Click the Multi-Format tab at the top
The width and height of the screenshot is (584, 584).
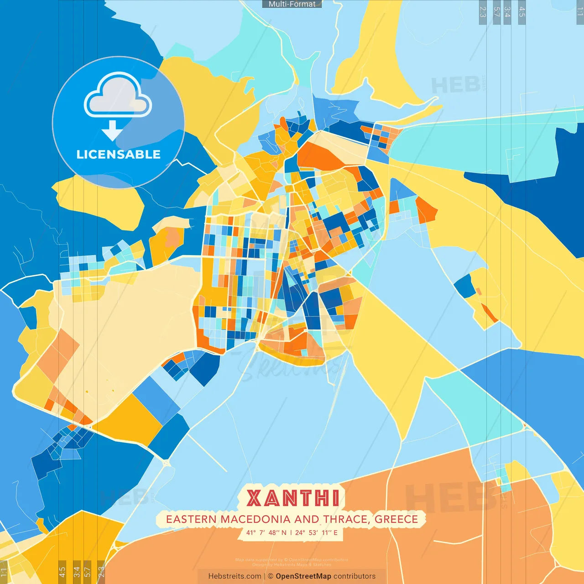(292, 4)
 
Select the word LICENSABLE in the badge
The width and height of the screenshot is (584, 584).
(118, 155)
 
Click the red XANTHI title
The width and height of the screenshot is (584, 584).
(293, 498)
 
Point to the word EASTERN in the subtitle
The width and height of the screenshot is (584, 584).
(192, 519)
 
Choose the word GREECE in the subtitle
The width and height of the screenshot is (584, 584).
(396, 519)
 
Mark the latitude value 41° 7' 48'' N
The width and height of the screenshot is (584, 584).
(266, 532)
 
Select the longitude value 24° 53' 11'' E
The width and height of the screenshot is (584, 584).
(316, 532)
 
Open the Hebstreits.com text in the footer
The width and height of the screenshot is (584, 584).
(235, 576)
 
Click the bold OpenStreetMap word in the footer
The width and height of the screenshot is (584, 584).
(303, 576)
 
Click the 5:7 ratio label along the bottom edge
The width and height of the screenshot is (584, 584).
(87, 571)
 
